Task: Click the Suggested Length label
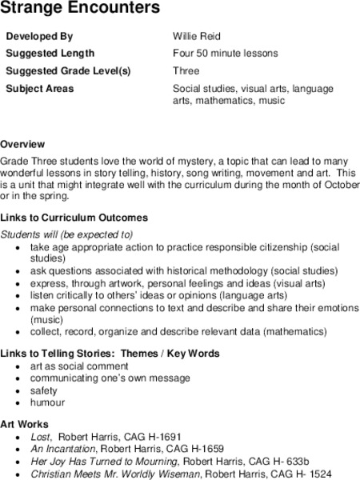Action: [50, 54]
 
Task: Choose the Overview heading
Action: [22, 145]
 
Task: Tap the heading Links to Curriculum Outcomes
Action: [74, 218]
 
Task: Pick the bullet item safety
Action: [44, 390]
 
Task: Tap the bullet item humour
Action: [47, 402]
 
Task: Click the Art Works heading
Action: [25, 424]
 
